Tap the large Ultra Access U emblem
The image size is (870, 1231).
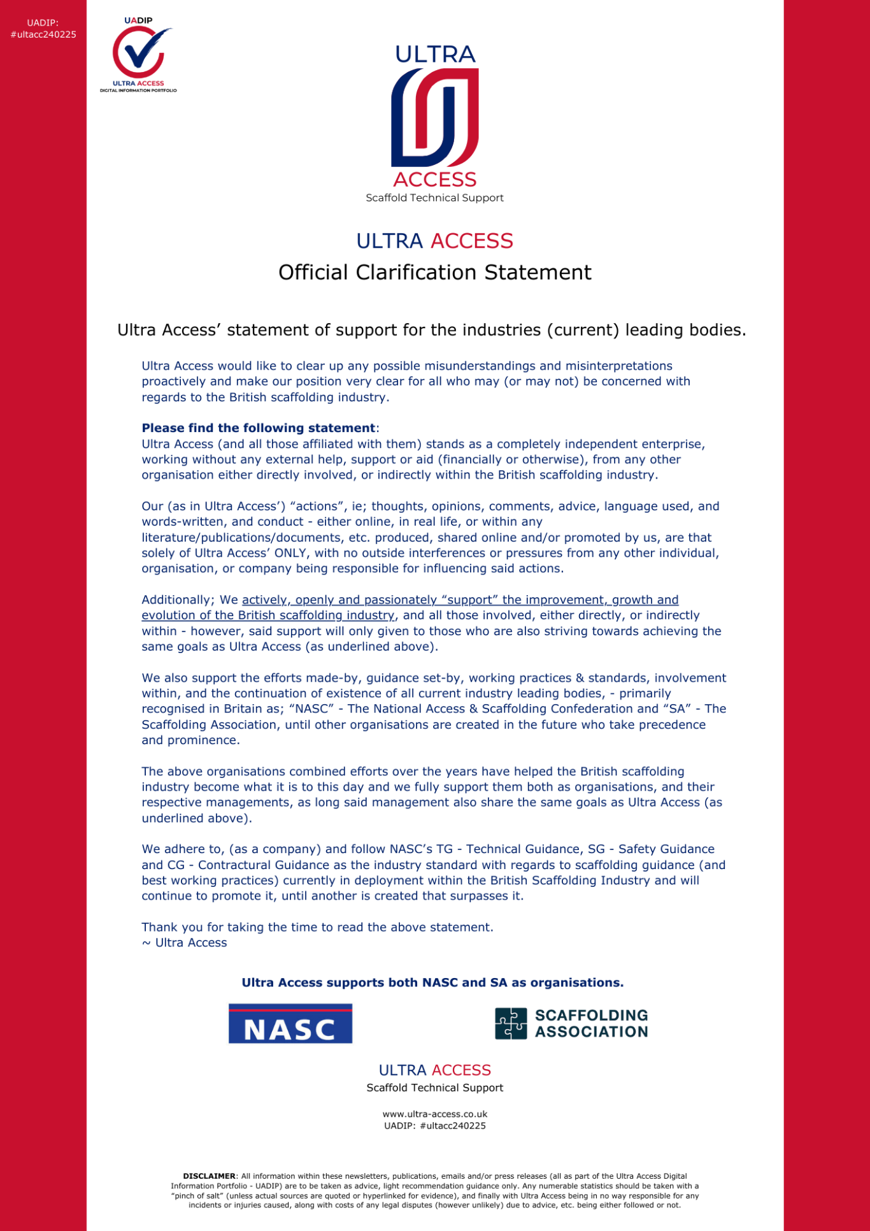pyautogui.click(x=435, y=118)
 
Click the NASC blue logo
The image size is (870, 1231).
pyautogui.click(x=290, y=1023)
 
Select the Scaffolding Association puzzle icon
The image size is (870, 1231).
pyautogui.click(x=511, y=1023)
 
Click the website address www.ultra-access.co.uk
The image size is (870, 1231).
pyautogui.click(x=435, y=1114)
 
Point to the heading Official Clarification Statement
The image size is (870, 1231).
pyautogui.click(x=435, y=273)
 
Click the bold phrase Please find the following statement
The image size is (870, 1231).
pyautogui.click(x=258, y=428)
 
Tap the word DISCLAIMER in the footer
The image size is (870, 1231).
pyautogui.click(x=209, y=1176)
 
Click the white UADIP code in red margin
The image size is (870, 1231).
pyautogui.click(x=43, y=29)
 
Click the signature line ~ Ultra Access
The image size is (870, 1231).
pyautogui.click(x=184, y=943)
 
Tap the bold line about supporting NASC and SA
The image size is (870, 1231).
pyautogui.click(x=432, y=983)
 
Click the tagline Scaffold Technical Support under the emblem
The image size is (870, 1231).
pyautogui.click(x=435, y=198)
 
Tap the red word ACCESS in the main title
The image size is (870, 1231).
pyautogui.click(x=472, y=241)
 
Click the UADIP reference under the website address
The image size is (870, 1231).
pyautogui.click(x=435, y=1126)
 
